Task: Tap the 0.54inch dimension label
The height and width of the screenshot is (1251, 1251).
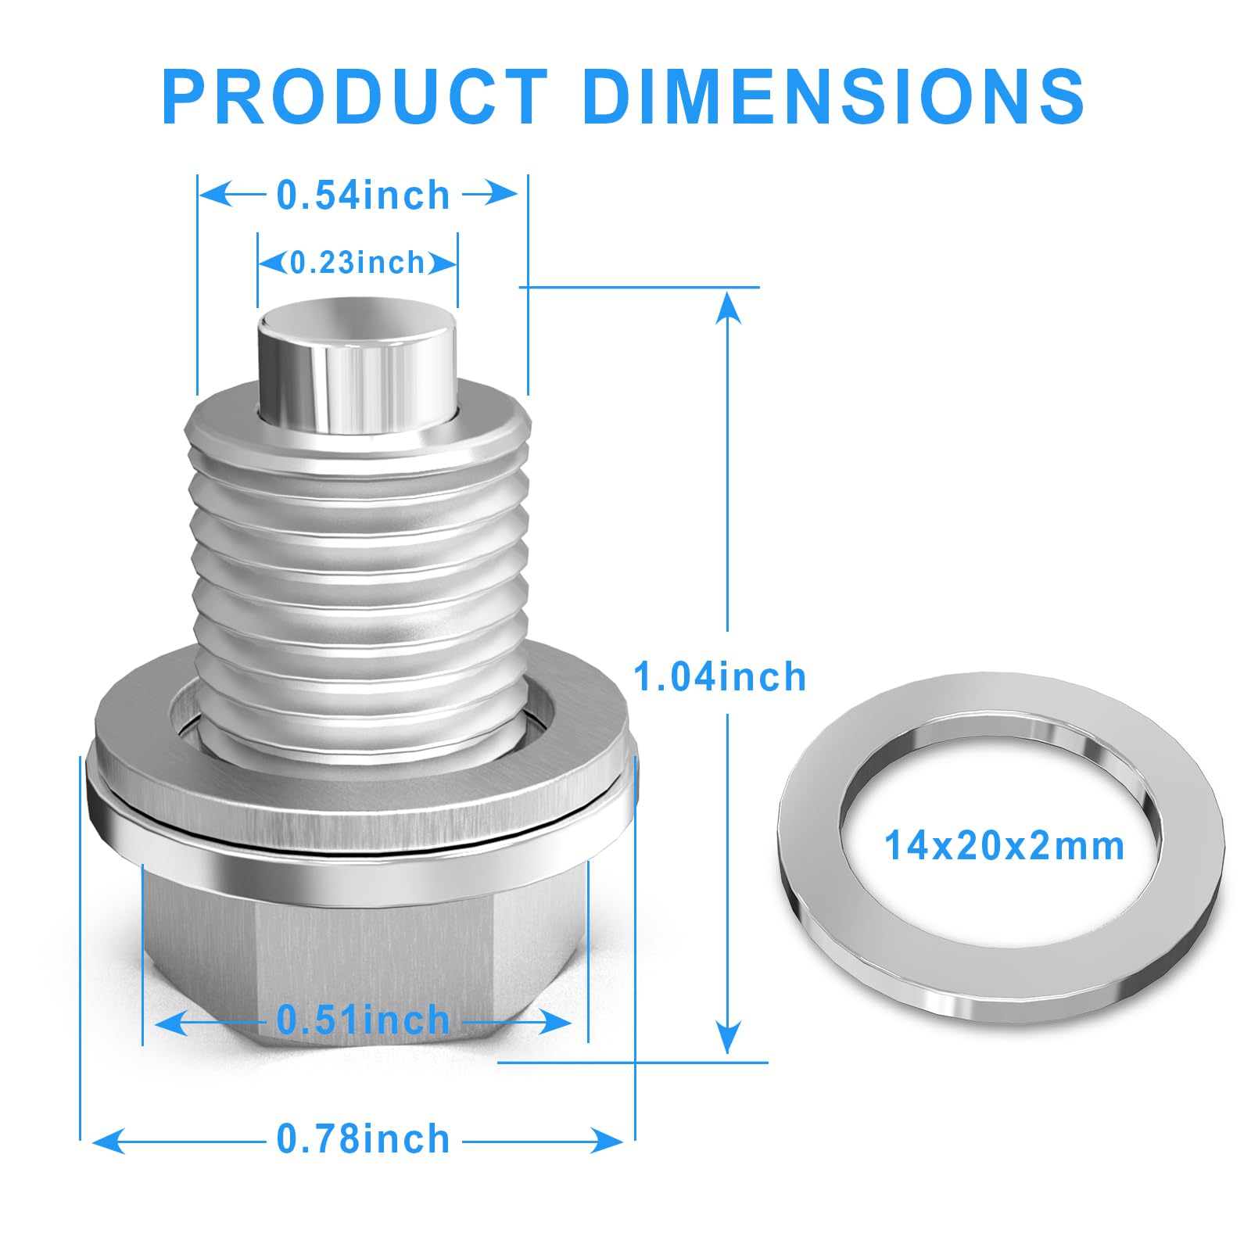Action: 364,195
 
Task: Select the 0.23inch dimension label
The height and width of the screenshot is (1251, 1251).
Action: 357,262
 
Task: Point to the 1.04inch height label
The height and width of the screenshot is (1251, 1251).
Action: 719,676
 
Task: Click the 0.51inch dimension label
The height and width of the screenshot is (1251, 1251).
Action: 364,1020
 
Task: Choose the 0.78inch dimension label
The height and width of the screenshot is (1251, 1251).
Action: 364,1139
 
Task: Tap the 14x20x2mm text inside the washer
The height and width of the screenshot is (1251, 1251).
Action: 1004,846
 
